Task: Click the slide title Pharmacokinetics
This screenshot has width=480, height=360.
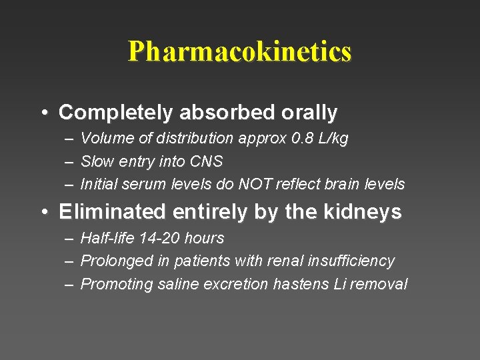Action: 239,51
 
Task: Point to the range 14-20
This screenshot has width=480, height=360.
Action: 157,238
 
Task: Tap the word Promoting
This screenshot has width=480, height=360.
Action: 117,284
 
